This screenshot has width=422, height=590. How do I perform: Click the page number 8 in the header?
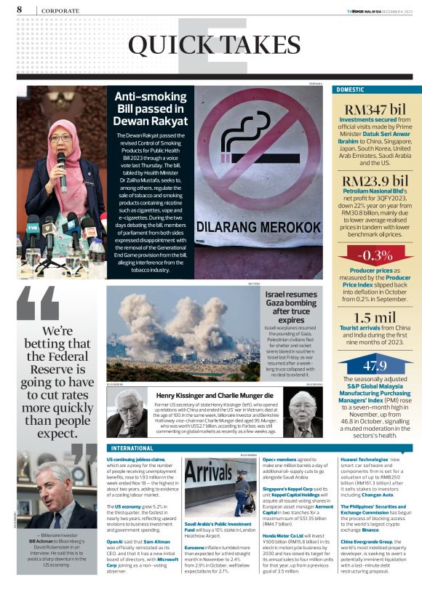pos(17,9)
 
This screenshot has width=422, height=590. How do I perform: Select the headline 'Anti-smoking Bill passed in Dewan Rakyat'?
pos(151,108)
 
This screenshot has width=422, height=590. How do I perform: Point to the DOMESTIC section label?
pos(351,89)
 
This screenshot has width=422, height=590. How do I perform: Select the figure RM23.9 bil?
pos(375,180)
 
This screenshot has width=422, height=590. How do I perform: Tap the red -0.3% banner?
pos(375,255)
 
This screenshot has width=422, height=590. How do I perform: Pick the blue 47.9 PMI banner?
pos(375,365)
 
